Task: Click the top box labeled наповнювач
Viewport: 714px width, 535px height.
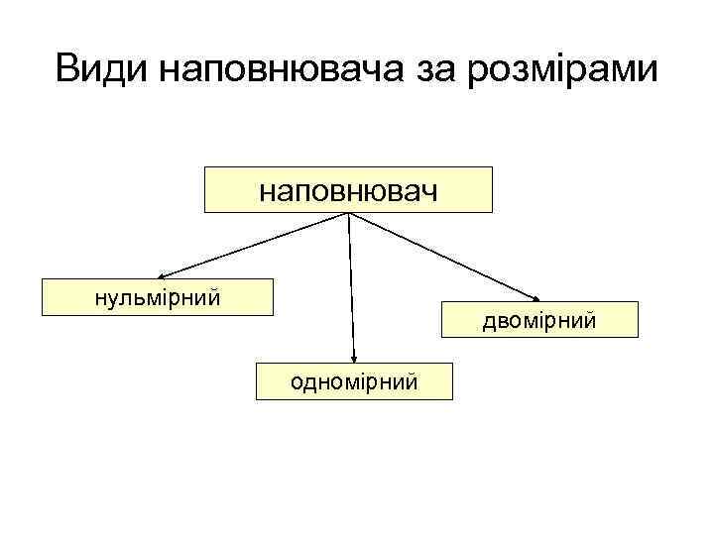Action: [348, 189]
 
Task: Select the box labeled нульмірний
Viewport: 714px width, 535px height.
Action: [158, 297]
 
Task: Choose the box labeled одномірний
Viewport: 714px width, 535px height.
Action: [354, 381]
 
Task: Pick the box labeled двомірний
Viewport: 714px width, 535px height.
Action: [540, 320]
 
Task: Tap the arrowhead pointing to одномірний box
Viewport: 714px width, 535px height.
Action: [354, 359]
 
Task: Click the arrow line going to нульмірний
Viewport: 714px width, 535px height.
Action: [253, 246]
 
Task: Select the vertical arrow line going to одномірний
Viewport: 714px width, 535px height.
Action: [351, 287]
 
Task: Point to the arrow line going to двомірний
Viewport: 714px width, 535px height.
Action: [446, 258]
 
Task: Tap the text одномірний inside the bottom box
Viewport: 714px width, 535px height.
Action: [354, 381]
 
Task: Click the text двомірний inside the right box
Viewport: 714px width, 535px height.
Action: [540, 320]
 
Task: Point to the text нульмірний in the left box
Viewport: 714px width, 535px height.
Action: [158, 296]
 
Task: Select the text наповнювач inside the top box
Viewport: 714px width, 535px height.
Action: [348, 189]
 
